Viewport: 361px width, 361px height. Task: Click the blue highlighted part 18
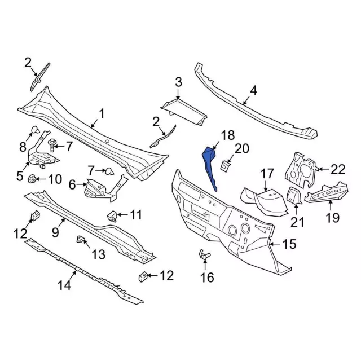click(210, 167)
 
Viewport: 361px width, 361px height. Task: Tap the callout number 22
click(338, 169)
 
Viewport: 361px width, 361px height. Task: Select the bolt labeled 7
click(52, 145)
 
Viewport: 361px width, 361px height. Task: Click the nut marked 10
click(32, 179)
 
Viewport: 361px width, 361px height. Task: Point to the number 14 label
click(64, 286)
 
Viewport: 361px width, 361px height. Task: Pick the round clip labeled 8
click(34, 130)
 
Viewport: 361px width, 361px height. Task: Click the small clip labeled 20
click(225, 166)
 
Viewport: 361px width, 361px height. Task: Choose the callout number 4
click(253, 90)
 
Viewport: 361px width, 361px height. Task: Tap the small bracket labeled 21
click(294, 196)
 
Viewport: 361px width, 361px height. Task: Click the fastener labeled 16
click(204, 254)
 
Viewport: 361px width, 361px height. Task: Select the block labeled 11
click(112, 215)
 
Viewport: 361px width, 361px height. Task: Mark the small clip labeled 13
click(80, 239)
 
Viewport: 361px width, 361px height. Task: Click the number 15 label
click(289, 244)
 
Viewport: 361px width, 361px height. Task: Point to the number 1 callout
click(102, 114)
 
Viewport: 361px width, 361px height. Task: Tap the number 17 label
click(267, 174)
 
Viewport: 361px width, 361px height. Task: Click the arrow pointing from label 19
click(331, 206)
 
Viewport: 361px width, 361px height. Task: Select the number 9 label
click(55, 232)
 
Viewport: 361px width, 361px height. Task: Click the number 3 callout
click(178, 82)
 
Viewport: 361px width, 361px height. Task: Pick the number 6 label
click(72, 184)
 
